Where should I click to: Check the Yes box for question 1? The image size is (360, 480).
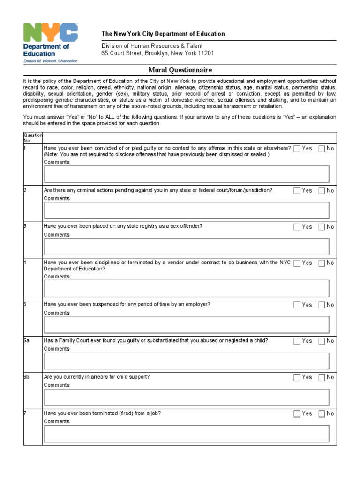tap(297, 149)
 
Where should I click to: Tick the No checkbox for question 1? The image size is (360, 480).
tap(322, 149)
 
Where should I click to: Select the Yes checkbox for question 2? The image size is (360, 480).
tap(297, 191)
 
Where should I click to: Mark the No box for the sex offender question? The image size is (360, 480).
tap(322, 227)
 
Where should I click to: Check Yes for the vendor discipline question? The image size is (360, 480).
tap(297, 263)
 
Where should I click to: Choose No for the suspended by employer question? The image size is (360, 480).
tap(322, 305)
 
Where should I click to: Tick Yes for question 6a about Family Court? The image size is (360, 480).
tap(297, 341)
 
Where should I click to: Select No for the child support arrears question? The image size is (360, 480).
tap(322, 377)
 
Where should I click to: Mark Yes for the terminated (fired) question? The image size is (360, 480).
tap(297, 414)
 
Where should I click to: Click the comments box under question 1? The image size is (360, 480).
tap(187, 174)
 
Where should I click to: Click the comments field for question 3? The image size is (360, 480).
tap(187, 247)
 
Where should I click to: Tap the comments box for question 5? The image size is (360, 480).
tap(187, 324)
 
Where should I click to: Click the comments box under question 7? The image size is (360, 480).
tap(187, 433)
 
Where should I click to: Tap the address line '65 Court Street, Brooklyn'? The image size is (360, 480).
tap(157, 53)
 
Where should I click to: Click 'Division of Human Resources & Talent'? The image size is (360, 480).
tap(152, 46)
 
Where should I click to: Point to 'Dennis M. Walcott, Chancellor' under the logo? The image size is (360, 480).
tap(51, 60)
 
